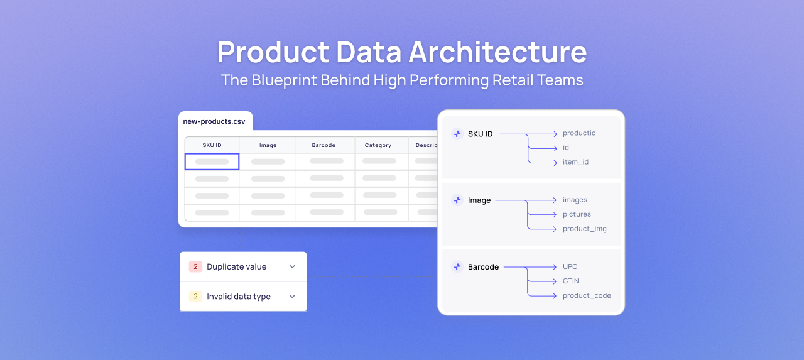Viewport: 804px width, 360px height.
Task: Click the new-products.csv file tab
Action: click(214, 121)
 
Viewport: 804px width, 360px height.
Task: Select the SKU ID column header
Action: click(212, 145)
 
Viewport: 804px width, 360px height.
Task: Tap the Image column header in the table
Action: click(268, 145)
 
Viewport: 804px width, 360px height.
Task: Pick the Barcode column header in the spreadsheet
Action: click(323, 145)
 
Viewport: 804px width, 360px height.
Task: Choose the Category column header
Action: click(378, 145)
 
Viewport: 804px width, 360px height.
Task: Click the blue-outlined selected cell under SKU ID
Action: click(212, 161)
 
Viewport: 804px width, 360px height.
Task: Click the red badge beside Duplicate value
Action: click(195, 266)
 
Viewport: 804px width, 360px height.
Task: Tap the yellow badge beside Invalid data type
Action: click(195, 297)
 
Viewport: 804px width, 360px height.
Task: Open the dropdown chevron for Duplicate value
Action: click(292, 266)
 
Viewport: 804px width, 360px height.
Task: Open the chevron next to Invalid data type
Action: click(292, 297)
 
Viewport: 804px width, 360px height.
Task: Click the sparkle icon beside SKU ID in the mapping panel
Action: click(457, 134)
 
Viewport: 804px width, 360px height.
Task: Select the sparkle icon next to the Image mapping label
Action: click(457, 200)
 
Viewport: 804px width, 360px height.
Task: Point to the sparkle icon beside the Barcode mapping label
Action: click(457, 267)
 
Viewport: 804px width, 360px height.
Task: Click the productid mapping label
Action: click(579, 133)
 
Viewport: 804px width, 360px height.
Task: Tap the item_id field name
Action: click(575, 162)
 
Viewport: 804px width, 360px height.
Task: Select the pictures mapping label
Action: click(577, 214)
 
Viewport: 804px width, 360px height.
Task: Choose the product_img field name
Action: click(585, 229)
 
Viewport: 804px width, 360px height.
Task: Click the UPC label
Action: click(570, 266)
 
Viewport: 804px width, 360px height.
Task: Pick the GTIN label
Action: click(571, 281)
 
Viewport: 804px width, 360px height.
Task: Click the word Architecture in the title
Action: click(497, 52)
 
